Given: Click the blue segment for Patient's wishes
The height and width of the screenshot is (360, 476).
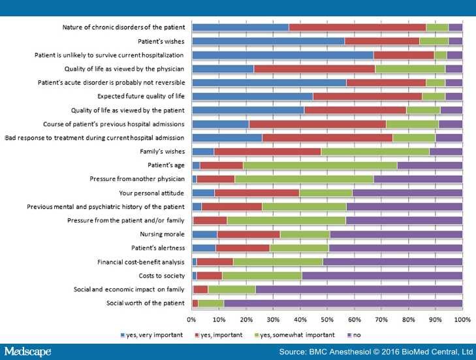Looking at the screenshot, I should click(268, 41).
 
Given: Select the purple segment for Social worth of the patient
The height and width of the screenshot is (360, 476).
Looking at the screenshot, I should click(343, 303).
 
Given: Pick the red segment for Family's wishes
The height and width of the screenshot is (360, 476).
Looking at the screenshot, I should click(268, 152).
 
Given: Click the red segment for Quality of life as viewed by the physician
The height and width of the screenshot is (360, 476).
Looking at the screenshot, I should click(314, 69).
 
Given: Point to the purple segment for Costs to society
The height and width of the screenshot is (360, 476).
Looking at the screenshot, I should click(382, 276).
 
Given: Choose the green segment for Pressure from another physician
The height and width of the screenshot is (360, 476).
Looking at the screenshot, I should click(304, 179).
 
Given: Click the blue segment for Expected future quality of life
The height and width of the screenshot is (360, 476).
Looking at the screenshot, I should click(253, 97).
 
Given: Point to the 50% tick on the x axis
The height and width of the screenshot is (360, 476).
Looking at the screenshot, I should click(327, 319).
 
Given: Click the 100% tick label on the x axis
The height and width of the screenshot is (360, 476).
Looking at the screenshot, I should click(462, 319).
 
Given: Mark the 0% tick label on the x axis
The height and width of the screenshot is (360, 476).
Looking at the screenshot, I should click(192, 319).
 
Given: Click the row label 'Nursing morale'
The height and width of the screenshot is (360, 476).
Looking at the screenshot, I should click(163, 235).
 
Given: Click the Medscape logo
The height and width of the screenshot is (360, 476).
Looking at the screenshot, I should click(28, 352).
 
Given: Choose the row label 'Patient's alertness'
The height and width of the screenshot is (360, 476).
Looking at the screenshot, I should click(158, 248).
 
